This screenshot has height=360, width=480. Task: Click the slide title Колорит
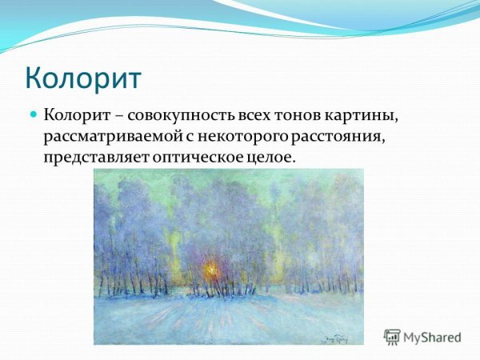[x=83, y=78]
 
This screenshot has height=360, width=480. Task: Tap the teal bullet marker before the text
[x=34, y=115]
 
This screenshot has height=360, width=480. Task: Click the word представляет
[x=90, y=157]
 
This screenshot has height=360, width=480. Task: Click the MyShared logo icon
[x=392, y=336]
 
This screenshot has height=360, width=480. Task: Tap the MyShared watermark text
[x=433, y=337]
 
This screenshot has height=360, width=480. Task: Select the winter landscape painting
[x=228, y=256]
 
